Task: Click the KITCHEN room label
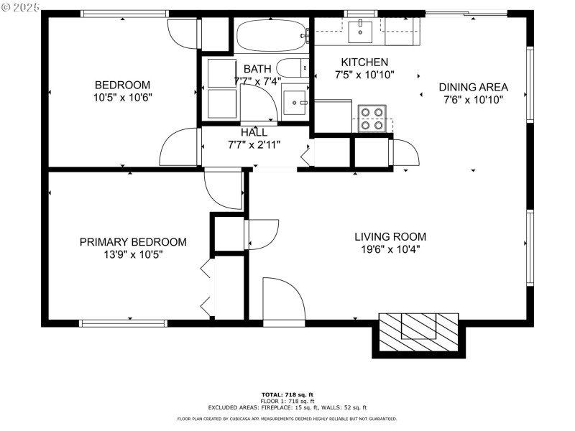tap(364, 62)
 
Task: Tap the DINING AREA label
tap(473, 88)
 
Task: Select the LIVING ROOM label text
tap(390, 236)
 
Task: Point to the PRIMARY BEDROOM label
tap(133, 242)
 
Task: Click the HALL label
tap(254, 132)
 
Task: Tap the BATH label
tap(257, 69)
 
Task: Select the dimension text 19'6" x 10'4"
tap(390, 249)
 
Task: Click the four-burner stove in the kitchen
tap(372, 119)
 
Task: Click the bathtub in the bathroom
tap(271, 34)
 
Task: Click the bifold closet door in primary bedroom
tap(208, 287)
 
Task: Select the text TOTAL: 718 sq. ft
tap(287, 394)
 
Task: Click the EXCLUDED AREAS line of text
tap(287, 407)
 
